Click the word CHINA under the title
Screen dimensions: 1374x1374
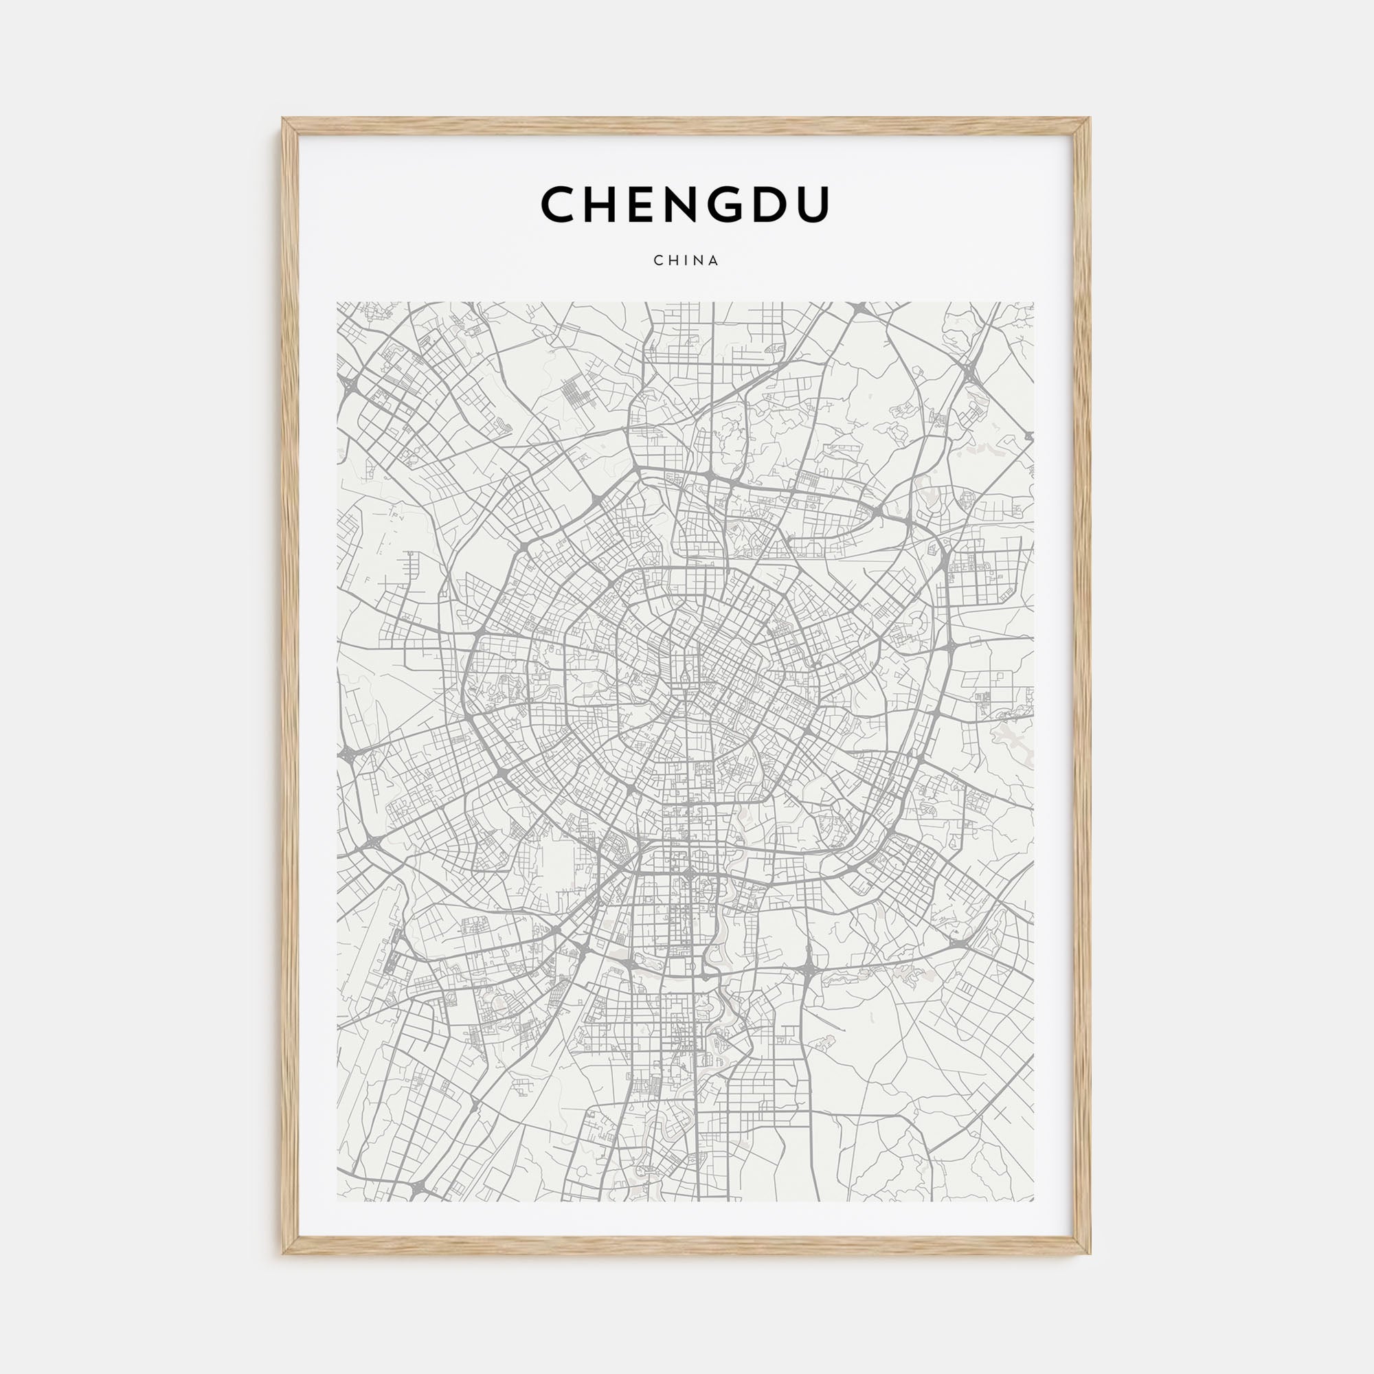point(686,260)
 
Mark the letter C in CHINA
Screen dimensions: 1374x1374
point(658,260)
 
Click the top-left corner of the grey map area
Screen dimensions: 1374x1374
point(338,303)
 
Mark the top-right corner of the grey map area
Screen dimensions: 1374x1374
point(1033,303)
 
